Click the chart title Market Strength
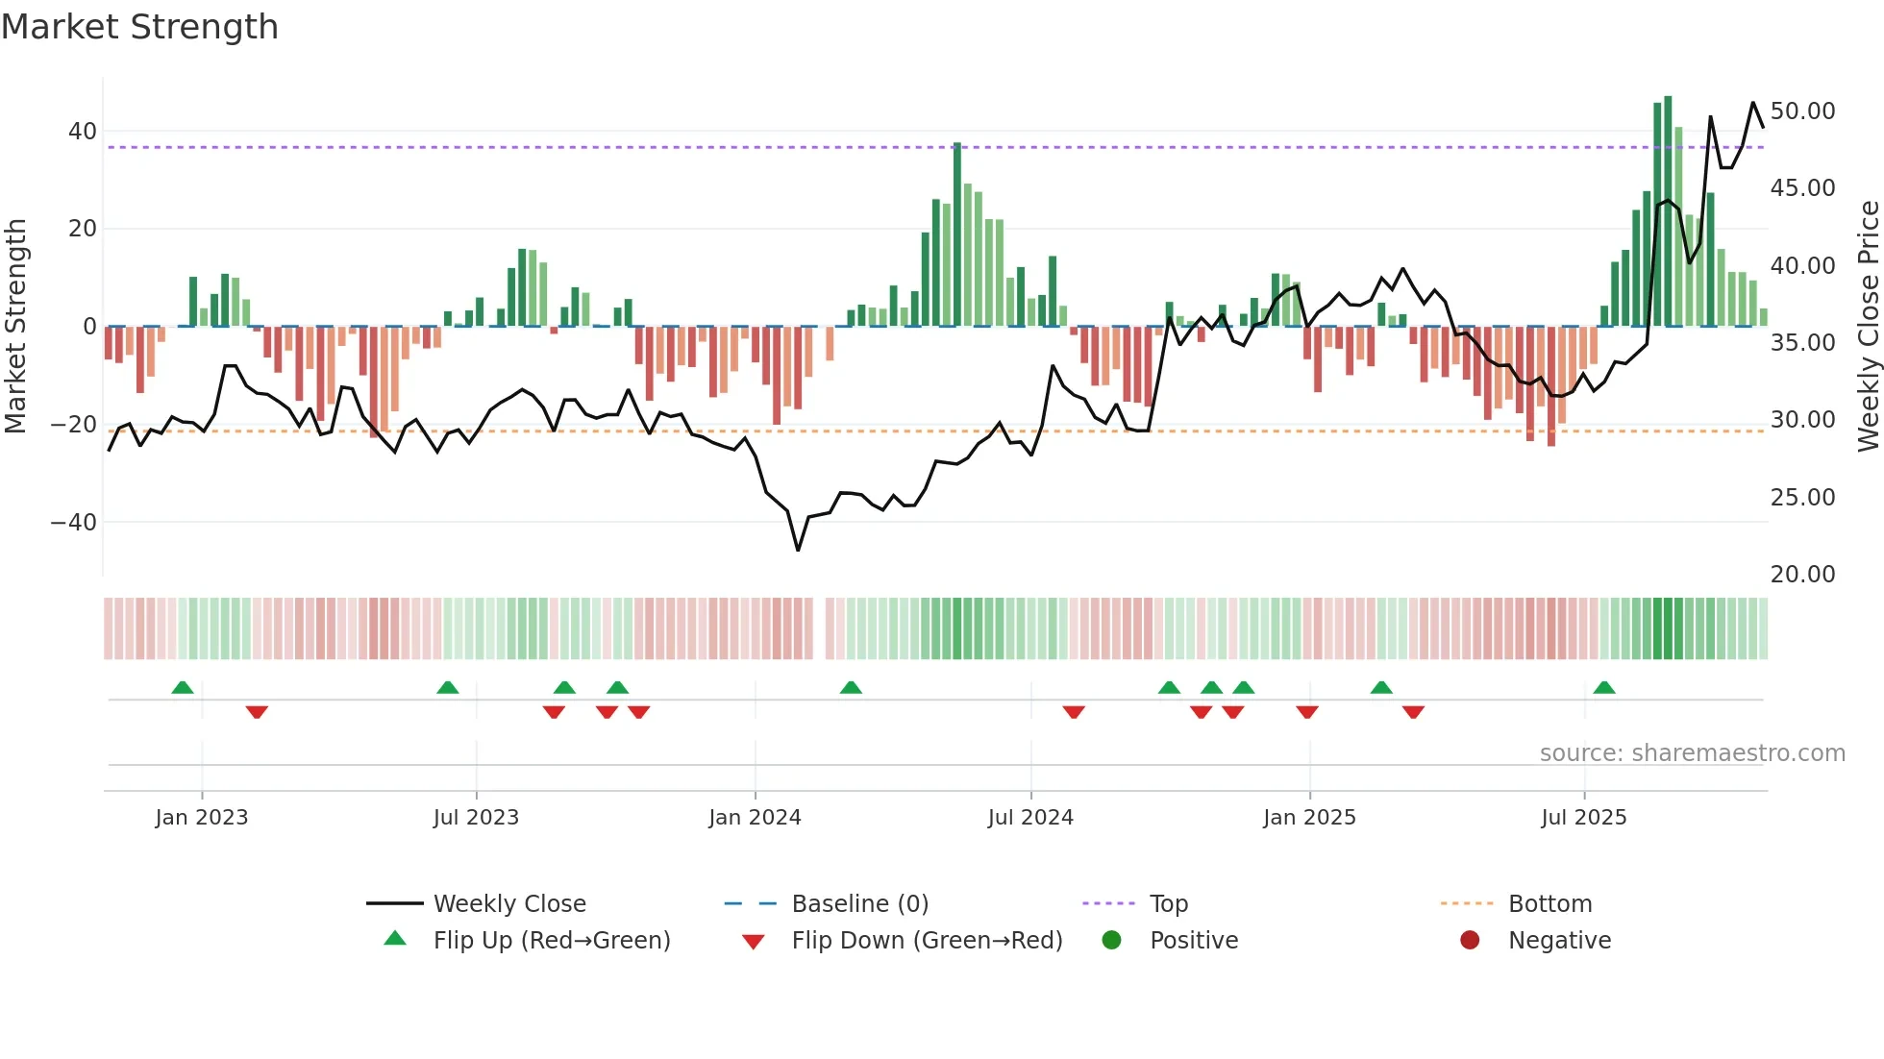point(139,27)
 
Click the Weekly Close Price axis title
point(1868,326)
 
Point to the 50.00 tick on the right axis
point(1802,111)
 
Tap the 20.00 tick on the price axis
point(1802,575)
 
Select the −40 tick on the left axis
point(74,523)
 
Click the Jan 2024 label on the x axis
point(755,818)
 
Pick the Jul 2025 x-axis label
point(1583,818)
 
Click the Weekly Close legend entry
point(508,904)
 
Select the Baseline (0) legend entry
point(859,904)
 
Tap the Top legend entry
point(1168,904)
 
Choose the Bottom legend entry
point(1549,904)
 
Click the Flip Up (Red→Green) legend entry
point(551,941)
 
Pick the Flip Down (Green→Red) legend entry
point(927,941)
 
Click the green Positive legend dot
point(1112,941)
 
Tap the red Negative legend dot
point(1470,941)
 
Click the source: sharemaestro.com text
point(1692,753)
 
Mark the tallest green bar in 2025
point(1668,211)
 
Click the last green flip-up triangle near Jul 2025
point(1604,687)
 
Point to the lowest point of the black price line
point(798,550)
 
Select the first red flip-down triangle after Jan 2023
point(257,712)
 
